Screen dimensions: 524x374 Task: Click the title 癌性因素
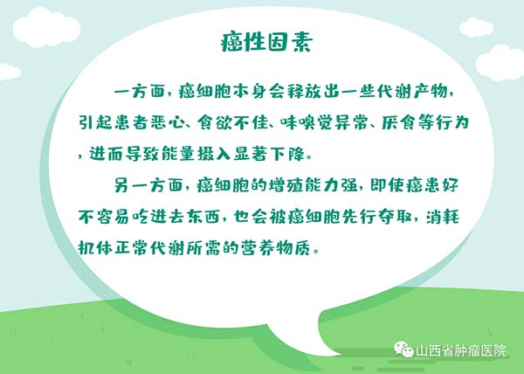266,43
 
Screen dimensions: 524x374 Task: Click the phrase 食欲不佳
233,122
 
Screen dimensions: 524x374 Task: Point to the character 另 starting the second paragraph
121,185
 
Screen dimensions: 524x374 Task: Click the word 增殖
286,185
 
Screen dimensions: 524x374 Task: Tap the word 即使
387,185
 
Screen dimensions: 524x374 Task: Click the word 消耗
443,217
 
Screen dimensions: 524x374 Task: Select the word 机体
95,248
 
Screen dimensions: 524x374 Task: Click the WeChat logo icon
403,350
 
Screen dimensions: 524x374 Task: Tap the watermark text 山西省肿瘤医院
461,351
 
